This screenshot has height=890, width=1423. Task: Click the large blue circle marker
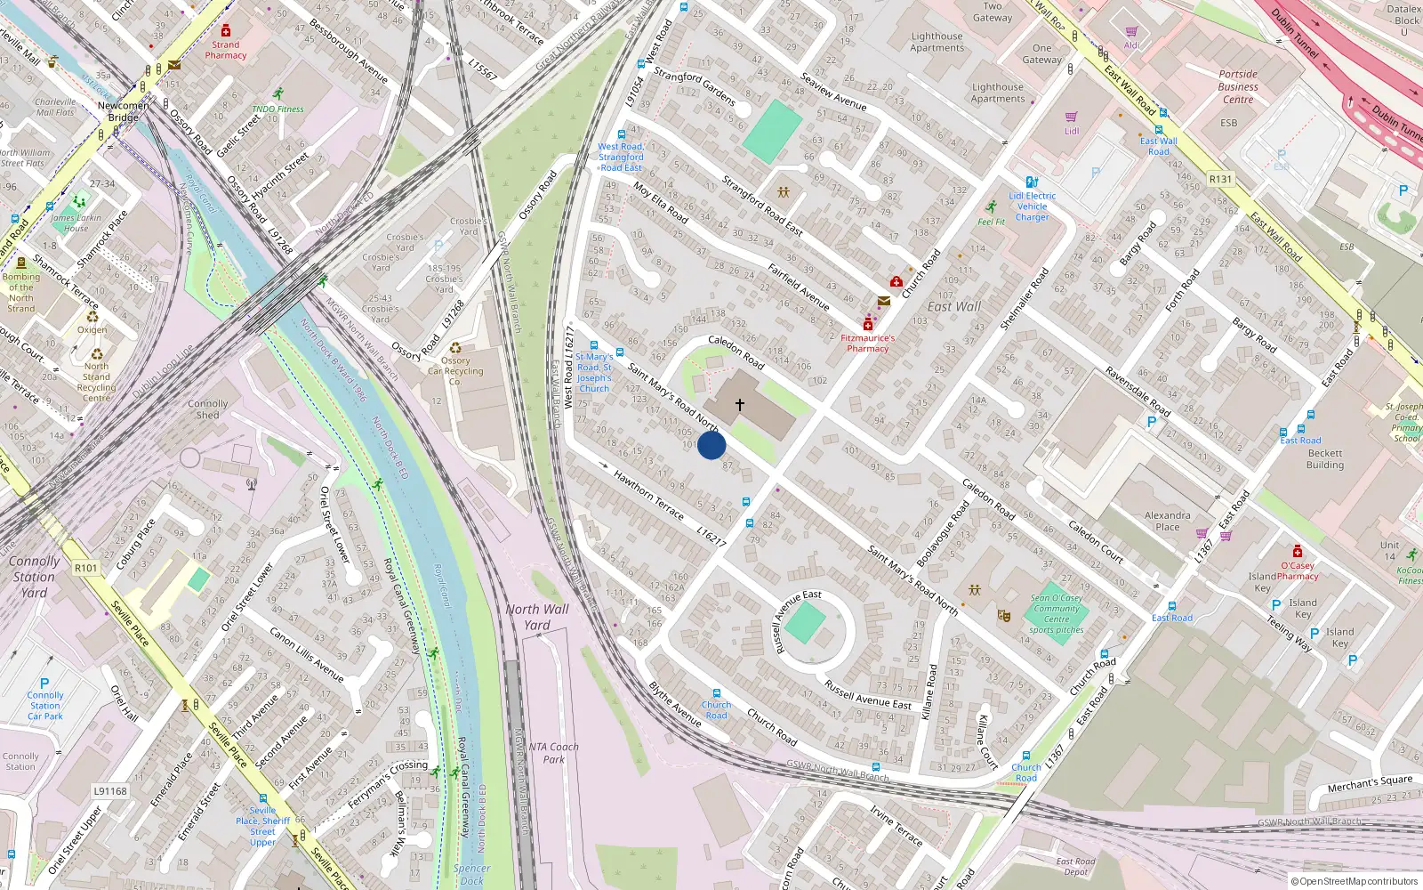coord(711,445)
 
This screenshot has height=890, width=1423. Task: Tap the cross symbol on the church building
coord(739,405)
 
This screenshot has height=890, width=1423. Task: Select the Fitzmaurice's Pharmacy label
coord(868,344)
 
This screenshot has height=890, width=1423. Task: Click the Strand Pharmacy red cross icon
coord(226,30)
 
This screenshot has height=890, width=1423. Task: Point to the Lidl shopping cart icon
coord(1072,117)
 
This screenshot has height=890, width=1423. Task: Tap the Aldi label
coord(1131,45)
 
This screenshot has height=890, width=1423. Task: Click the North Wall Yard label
coord(537,617)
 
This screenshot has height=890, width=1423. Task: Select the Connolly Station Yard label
coord(34,577)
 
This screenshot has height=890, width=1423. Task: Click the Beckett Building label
coord(1325,458)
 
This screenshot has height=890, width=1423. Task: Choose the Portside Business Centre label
coord(1238,86)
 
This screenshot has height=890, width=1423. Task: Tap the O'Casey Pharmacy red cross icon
coord(1298,551)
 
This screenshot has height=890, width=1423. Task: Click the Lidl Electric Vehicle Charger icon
coord(1032,182)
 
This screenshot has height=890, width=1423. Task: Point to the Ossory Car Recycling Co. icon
coord(455,348)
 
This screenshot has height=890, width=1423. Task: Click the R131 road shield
coord(1221,179)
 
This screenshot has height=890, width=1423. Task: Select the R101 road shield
coord(86,568)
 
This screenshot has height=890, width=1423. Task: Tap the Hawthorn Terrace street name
coord(648,496)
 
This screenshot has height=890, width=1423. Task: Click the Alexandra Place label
coord(1168,521)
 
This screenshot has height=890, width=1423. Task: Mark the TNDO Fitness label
coord(277,109)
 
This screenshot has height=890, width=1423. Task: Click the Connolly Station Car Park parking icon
coord(44,684)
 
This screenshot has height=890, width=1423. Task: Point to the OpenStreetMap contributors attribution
coord(1354,881)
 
